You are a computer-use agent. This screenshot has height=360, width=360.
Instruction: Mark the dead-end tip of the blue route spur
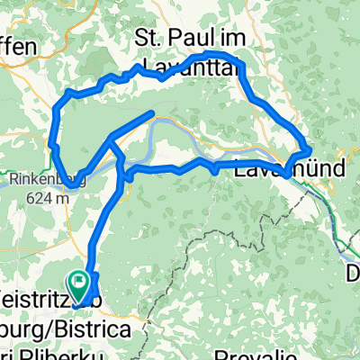[154, 113]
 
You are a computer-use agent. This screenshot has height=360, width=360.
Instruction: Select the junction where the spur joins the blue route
[111, 138]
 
